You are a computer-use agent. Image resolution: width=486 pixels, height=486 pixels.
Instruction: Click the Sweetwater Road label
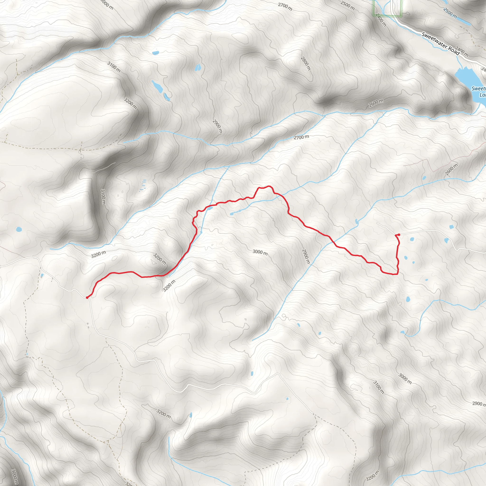tap(440, 44)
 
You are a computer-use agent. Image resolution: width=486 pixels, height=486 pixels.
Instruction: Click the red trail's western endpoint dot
tap(87, 298)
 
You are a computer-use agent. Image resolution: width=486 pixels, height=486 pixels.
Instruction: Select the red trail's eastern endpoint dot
tap(399, 235)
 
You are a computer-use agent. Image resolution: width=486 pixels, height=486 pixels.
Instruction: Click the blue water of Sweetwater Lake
tap(465, 78)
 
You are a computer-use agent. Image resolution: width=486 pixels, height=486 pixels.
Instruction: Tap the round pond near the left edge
tap(19, 229)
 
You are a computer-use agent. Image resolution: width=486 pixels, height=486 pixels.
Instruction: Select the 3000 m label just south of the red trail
tap(260, 252)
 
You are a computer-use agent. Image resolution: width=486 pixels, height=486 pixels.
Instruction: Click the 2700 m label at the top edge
tap(285, 7)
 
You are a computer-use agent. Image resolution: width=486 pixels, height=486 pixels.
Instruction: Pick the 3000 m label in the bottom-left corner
tap(15, 477)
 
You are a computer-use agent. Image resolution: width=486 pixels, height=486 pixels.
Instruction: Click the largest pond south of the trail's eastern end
tap(408, 299)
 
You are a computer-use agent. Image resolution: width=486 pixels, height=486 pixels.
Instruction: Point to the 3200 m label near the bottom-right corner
tap(372, 475)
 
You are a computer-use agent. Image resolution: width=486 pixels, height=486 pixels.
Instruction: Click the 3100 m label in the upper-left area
tap(114, 67)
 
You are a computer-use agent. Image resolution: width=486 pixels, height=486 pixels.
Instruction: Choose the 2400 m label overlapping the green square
tap(381, 20)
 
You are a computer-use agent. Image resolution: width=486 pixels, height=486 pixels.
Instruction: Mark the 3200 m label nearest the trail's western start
tap(98, 254)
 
